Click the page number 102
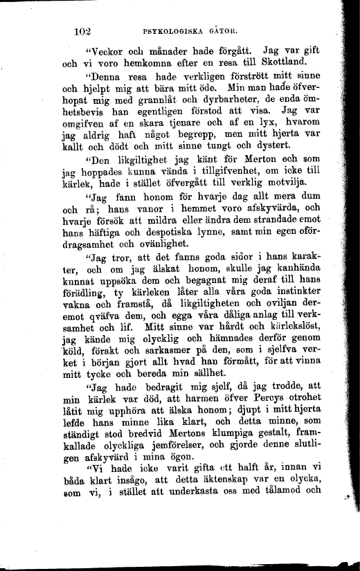[82, 31]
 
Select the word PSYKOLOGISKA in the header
[170, 32]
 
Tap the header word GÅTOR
[220, 32]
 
